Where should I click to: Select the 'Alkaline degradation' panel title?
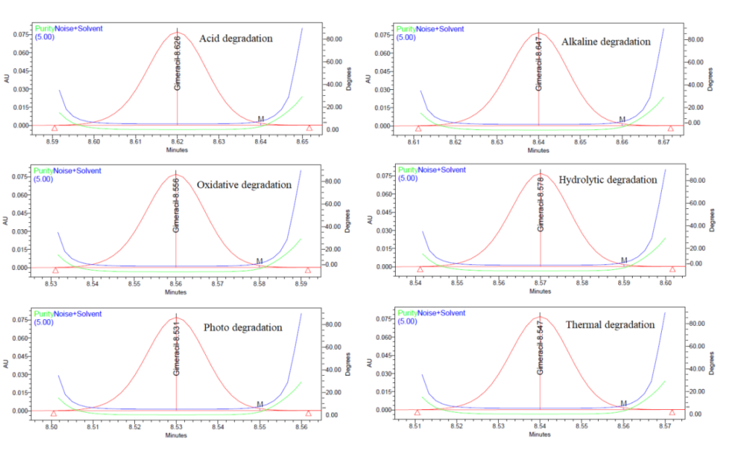tap(606, 42)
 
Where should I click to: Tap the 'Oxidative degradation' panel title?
tap(244, 185)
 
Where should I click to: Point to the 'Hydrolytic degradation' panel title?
tap(608, 180)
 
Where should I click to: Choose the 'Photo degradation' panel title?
tap(242, 328)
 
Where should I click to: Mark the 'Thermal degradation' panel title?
tap(610, 325)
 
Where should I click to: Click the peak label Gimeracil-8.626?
tap(178, 64)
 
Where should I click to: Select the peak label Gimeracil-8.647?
tap(539, 64)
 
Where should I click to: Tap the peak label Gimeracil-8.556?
tap(176, 206)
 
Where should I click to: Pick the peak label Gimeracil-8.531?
tap(176, 349)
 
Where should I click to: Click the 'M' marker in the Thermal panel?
tap(623, 404)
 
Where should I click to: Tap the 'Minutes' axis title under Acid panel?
tap(176, 151)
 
